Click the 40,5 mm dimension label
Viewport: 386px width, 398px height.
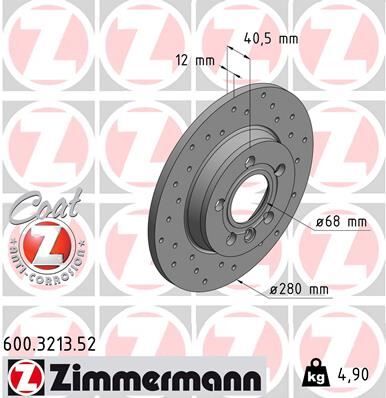[271, 40]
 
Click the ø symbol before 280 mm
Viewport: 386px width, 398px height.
[275, 290]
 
